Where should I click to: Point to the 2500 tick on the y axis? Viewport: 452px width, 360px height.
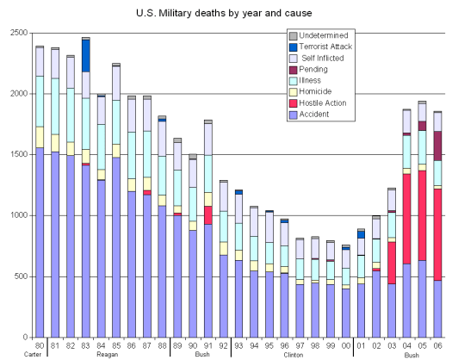click(x=17, y=33)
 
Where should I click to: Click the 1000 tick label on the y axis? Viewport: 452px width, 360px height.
click(x=17, y=215)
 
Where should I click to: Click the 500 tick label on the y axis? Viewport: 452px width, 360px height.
click(x=20, y=276)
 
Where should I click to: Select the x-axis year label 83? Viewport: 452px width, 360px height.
click(x=86, y=345)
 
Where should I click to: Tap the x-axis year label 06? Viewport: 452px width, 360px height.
click(x=437, y=345)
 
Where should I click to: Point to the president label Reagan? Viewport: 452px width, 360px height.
click(x=108, y=354)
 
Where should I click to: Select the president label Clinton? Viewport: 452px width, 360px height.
click(x=294, y=354)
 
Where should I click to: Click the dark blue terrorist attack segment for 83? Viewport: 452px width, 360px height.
click(x=86, y=56)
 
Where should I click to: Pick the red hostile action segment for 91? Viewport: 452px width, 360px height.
click(x=207, y=214)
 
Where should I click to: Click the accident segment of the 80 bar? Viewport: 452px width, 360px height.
click(x=40, y=241)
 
